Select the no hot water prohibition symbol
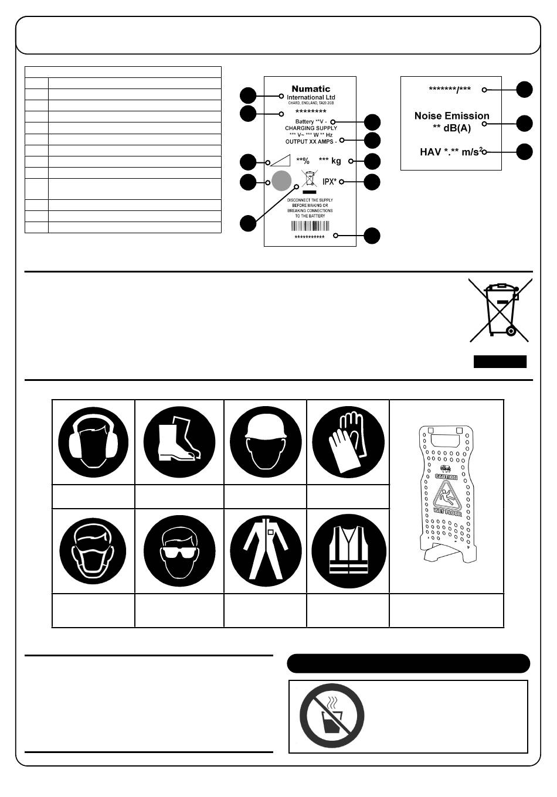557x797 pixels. [x=332, y=716]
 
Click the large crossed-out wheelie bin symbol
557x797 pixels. [x=500, y=309]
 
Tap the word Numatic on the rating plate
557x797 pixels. [x=311, y=89]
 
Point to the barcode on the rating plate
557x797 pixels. [x=310, y=227]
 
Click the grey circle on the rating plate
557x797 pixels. [x=282, y=181]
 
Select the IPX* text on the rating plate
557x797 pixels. [x=330, y=181]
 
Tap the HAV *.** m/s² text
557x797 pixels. [x=450, y=152]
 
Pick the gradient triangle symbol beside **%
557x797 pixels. [x=277, y=161]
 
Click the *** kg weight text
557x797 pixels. [x=330, y=161]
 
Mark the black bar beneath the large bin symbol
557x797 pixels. [x=500, y=362]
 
